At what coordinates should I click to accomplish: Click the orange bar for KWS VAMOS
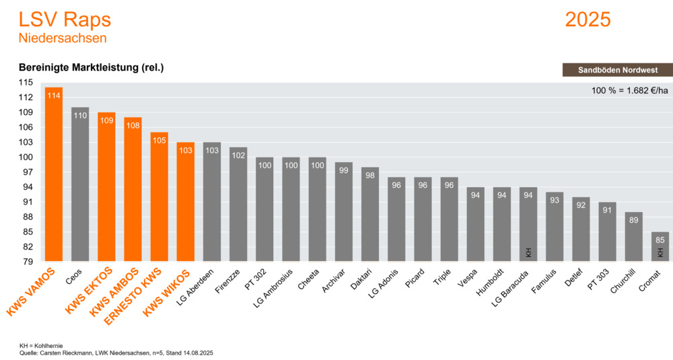click(x=54, y=175)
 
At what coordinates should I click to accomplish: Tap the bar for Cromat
click(x=660, y=246)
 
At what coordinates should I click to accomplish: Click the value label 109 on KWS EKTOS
click(x=106, y=120)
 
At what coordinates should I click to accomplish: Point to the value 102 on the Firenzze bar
click(x=238, y=155)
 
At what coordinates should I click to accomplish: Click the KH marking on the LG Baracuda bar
click(x=528, y=253)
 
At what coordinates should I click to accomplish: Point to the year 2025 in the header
click(x=588, y=20)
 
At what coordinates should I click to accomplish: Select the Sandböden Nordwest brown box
click(x=616, y=70)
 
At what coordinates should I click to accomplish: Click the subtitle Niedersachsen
click(x=63, y=38)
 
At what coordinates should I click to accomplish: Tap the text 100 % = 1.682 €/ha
click(x=629, y=90)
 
